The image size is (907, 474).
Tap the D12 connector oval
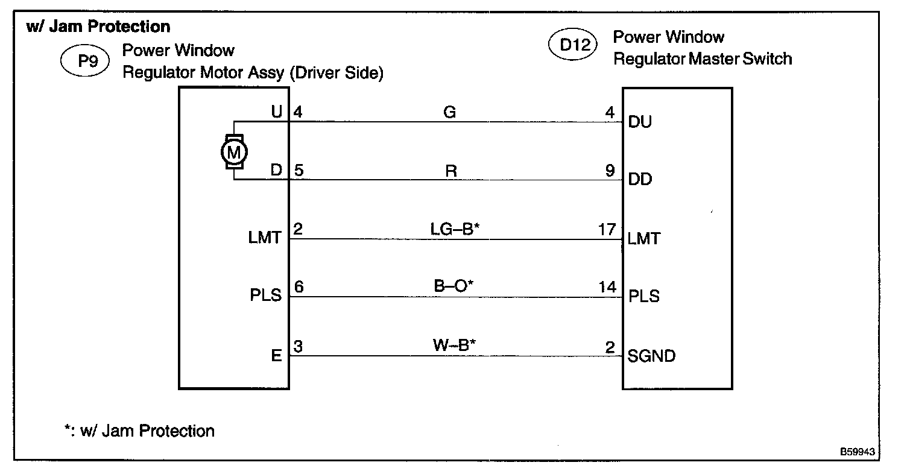click(572, 46)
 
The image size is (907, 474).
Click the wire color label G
click(449, 112)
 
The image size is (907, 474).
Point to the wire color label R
click(450, 171)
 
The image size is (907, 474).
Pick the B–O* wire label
click(453, 286)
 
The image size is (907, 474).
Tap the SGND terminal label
click(651, 356)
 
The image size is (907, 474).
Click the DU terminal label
click(639, 122)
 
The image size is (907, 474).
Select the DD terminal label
click(640, 180)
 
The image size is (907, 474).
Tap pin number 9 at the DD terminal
click(611, 171)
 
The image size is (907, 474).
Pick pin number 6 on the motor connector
click(299, 287)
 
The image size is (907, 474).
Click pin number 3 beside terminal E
click(298, 346)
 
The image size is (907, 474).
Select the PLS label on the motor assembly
click(266, 296)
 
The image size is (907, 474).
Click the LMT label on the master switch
click(643, 238)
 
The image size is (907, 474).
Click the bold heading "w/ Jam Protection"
click(98, 27)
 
